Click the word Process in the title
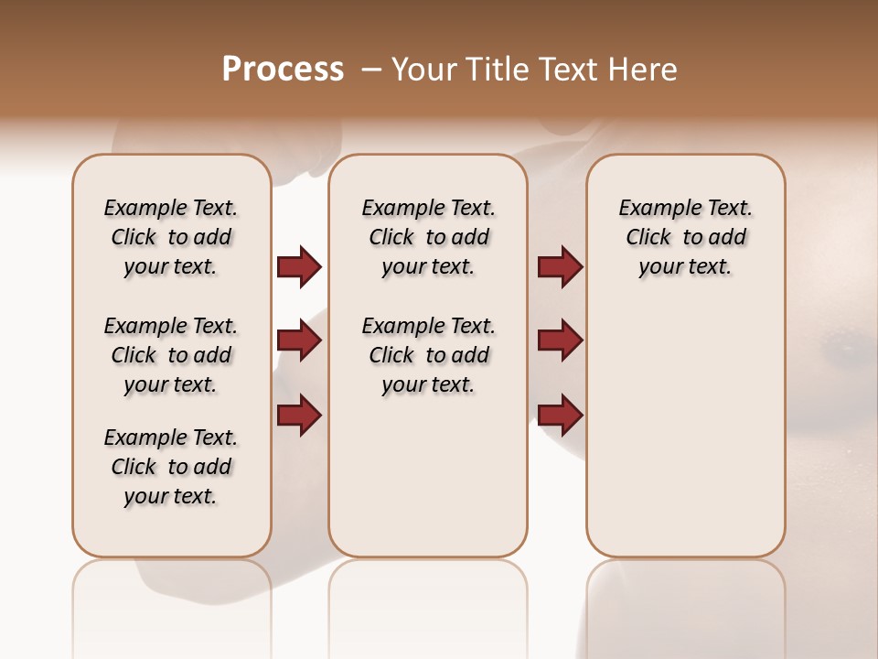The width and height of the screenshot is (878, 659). pyautogui.click(x=283, y=70)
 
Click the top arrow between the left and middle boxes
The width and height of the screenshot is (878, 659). pyautogui.click(x=299, y=267)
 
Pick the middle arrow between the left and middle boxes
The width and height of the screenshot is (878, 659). pyautogui.click(x=299, y=340)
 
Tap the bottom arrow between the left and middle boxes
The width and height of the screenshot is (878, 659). pyautogui.click(x=299, y=415)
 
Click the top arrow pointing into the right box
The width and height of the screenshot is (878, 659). pyautogui.click(x=560, y=267)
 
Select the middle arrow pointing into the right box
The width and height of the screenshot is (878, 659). pyautogui.click(x=560, y=340)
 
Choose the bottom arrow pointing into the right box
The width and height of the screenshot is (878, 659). pyautogui.click(x=560, y=415)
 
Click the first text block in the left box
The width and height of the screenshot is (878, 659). pyautogui.click(x=171, y=237)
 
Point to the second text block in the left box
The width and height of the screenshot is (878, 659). pyautogui.click(x=171, y=355)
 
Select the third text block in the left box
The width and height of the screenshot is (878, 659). pyautogui.click(x=171, y=467)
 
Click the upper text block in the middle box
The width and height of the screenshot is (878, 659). pyautogui.click(x=428, y=237)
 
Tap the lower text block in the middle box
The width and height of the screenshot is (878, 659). pyautogui.click(x=428, y=355)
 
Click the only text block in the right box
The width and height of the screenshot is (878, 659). pyautogui.click(x=686, y=237)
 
